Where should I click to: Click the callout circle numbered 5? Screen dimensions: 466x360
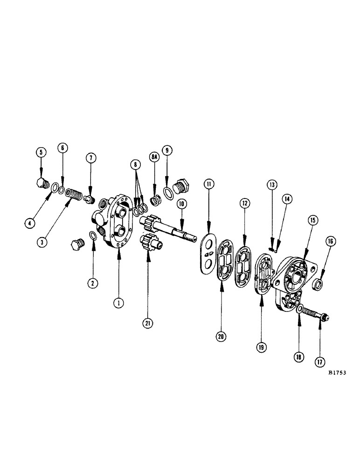[41, 152]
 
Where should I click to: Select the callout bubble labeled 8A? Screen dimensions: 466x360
[155, 158]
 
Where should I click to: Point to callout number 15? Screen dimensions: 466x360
[312, 219]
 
